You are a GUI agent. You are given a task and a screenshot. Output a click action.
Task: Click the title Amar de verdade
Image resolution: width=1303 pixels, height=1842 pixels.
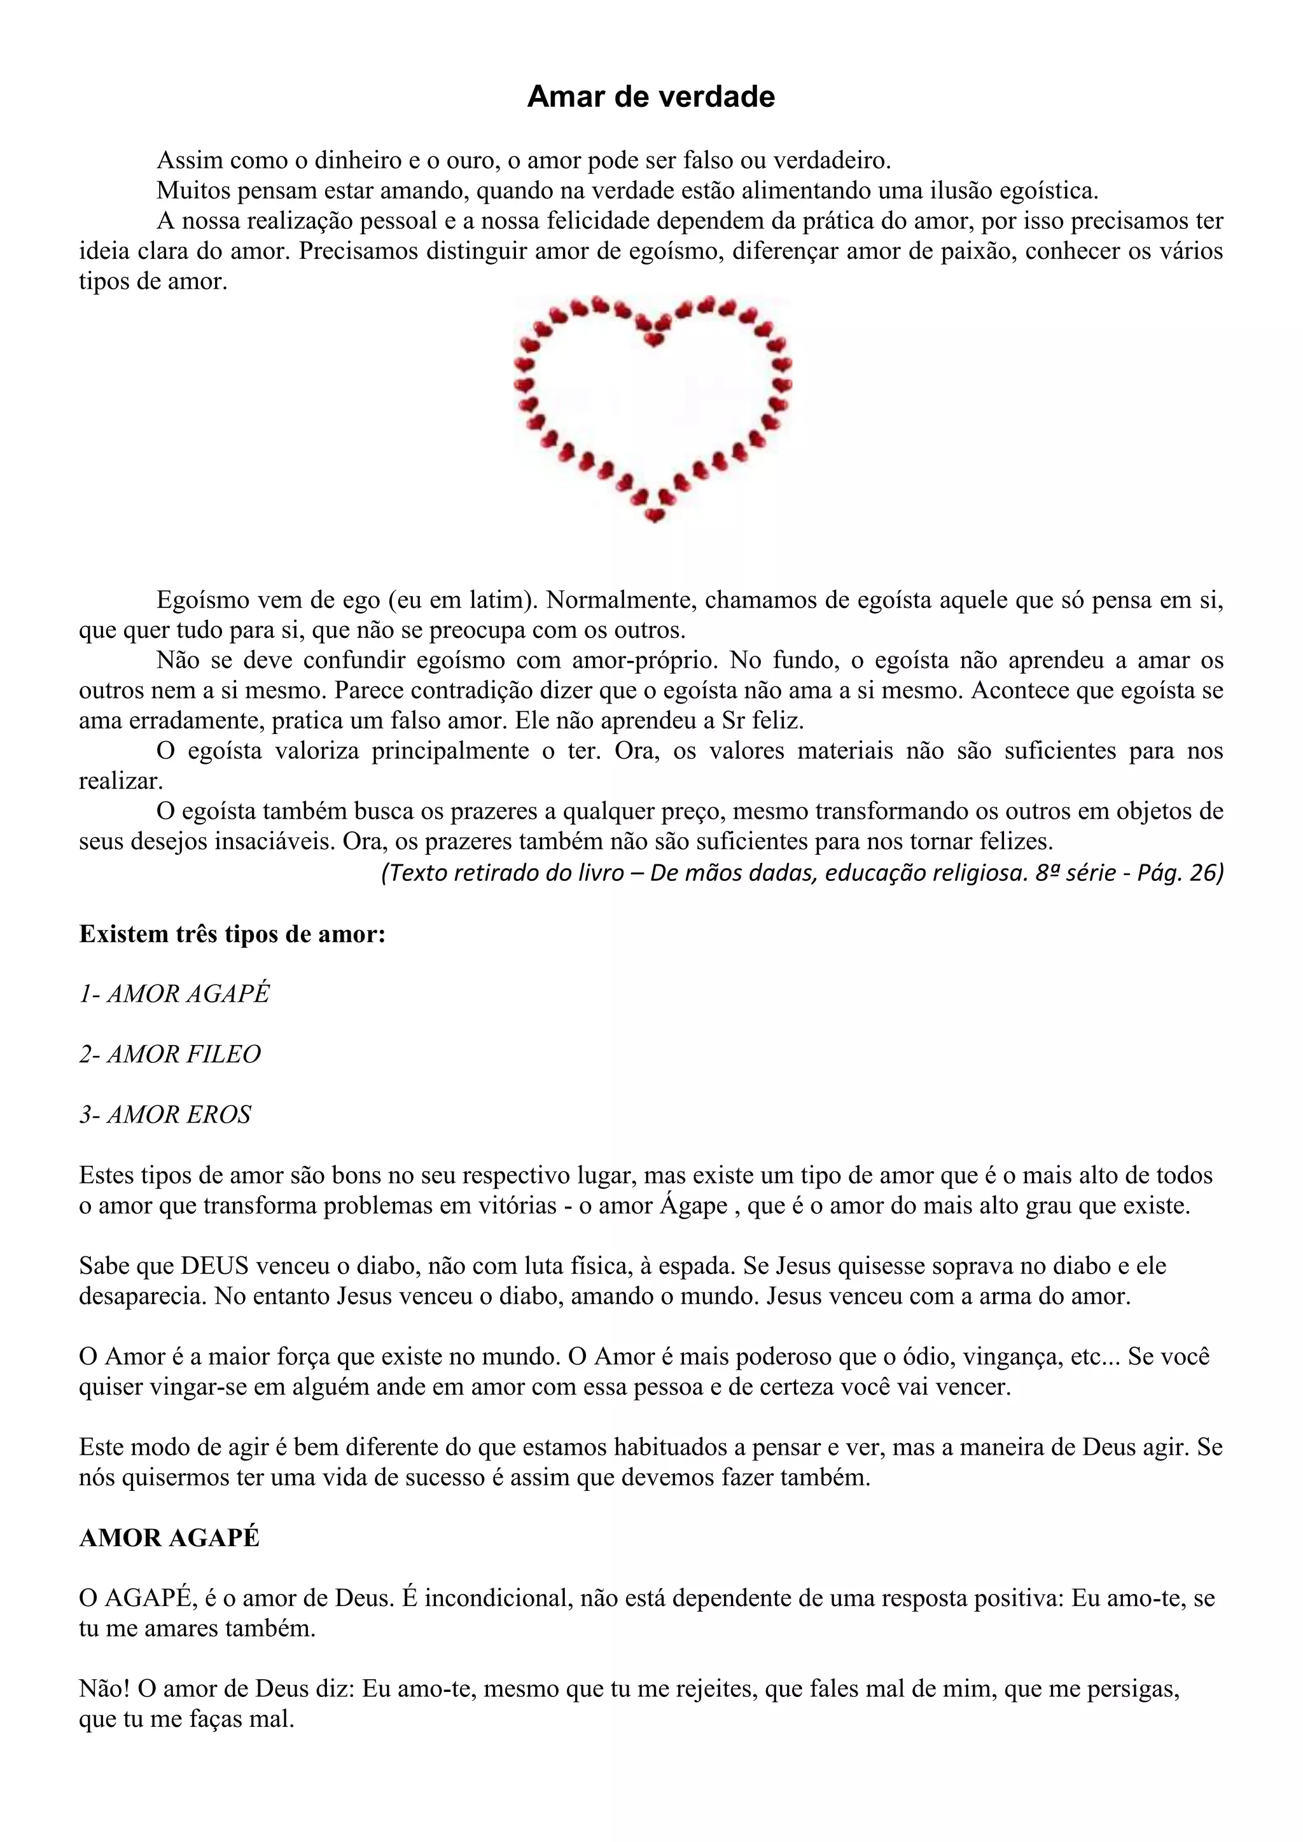pyautogui.click(x=651, y=97)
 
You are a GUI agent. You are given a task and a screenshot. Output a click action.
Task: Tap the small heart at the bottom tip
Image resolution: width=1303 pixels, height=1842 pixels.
pyautogui.click(x=655, y=515)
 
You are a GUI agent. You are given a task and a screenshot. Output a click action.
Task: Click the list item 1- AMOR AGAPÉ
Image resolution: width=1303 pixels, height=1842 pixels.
pyautogui.click(x=174, y=994)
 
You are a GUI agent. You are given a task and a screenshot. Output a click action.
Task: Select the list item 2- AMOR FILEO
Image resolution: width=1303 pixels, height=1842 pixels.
pyautogui.click(x=170, y=1054)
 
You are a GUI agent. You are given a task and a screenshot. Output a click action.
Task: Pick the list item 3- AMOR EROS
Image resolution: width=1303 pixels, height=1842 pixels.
pyautogui.click(x=165, y=1114)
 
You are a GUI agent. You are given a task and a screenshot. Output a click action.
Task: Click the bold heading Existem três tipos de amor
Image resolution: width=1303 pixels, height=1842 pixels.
pyautogui.click(x=232, y=934)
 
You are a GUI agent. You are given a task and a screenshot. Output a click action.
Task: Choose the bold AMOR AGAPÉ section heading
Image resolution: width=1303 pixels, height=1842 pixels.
pyautogui.click(x=169, y=1538)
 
